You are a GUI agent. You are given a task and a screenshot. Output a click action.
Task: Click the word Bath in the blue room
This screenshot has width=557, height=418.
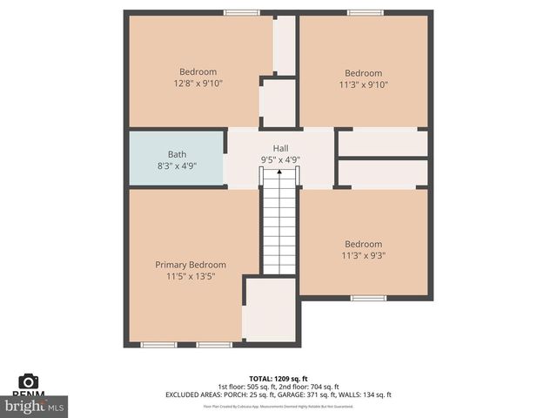pyautogui.click(x=177, y=154)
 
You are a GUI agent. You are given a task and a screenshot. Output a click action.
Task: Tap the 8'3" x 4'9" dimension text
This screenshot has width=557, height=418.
pyautogui.click(x=177, y=165)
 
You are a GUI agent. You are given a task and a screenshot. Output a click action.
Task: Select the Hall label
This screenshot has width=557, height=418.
pyautogui.click(x=280, y=149)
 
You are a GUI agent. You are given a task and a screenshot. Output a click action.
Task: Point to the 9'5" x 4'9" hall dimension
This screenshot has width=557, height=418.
pyautogui.click(x=280, y=160)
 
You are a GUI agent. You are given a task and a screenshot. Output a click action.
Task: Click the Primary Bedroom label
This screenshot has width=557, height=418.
pyautogui.click(x=191, y=265)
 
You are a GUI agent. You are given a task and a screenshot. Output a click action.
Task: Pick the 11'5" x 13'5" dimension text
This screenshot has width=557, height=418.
pyautogui.click(x=191, y=276)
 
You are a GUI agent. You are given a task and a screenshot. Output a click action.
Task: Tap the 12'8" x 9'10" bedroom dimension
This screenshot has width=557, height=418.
pyautogui.click(x=198, y=84)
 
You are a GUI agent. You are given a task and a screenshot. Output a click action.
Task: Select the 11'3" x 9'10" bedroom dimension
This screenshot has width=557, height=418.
pyautogui.click(x=363, y=85)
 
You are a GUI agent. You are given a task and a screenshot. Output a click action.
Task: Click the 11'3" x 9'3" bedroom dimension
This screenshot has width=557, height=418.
pyautogui.click(x=363, y=256)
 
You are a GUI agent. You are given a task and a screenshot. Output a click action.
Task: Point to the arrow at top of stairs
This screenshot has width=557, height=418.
pyautogui.click(x=279, y=173)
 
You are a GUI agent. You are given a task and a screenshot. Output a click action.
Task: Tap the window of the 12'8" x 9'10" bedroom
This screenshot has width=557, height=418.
pyautogui.click(x=241, y=12)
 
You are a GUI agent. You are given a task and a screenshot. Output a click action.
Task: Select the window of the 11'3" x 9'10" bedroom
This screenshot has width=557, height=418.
pyautogui.click(x=365, y=12)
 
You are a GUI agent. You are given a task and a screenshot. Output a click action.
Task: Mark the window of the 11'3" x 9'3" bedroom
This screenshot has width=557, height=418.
pyautogui.click(x=368, y=298)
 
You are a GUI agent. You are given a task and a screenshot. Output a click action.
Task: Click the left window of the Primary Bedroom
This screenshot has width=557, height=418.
pyautogui.click(x=158, y=345)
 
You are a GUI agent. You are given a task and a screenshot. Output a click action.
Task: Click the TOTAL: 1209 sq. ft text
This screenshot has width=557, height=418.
pyautogui.click(x=278, y=378)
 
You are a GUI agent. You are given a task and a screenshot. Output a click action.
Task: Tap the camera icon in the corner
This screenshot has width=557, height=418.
pyautogui.click(x=29, y=381)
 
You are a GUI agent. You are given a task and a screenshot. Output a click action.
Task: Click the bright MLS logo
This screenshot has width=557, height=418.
pyautogui.click(x=35, y=406)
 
